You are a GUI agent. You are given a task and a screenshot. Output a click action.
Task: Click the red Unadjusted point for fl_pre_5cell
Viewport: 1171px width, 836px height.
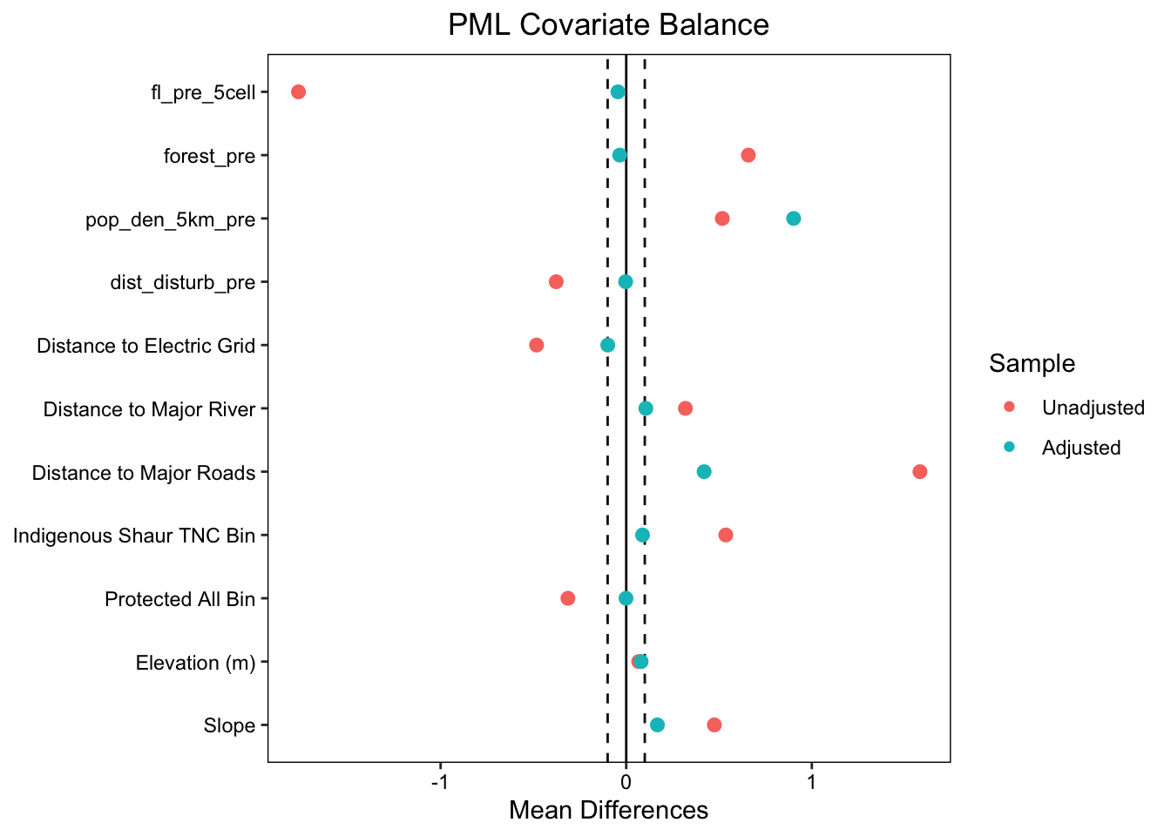pyautogui.click(x=298, y=92)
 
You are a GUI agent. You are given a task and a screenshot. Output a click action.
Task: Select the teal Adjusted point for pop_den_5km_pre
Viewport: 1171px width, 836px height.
pyautogui.click(x=793, y=219)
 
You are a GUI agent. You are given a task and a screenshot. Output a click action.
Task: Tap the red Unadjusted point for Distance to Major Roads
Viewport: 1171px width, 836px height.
pyautogui.click(x=919, y=472)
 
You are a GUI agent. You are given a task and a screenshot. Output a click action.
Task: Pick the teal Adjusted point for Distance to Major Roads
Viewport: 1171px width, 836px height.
pyautogui.click(x=704, y=472)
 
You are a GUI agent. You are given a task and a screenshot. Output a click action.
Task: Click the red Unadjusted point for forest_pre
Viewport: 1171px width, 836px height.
pyautogui.click(x=748, y=155)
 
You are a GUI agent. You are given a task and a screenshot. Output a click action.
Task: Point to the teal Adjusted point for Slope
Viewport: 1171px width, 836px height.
pyautogui.click(x=657, y=725)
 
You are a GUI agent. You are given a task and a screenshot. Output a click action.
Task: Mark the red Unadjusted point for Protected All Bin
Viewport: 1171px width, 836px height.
pyautogui.click(x=568, y=598)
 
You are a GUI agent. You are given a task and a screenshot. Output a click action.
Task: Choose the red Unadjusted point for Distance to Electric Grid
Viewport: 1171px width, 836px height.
pyautogui.click(x=537, y=346)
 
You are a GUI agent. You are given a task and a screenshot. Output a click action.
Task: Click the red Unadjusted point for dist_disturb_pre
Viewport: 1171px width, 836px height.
pyautogui.click(x=556, y=282)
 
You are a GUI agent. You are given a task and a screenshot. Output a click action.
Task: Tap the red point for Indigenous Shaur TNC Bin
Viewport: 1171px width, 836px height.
pyautogui.click(x=726, y=535)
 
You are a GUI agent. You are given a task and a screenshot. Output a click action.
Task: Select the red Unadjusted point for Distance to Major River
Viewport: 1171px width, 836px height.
pyautogui.click(x=686, y=408)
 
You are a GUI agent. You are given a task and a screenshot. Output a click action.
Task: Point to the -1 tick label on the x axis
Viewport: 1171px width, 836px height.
pyautogui.click(x=440, y=781)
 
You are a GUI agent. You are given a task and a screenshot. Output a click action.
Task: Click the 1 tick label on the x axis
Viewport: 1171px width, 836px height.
pyautogui.click(x=812, y=781)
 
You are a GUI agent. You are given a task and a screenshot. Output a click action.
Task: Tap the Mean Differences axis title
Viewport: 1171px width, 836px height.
pyautogui.click(x=608, y=811)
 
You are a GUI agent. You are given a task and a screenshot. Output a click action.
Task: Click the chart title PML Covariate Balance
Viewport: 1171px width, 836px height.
pyautogui.click(x=608, y=24)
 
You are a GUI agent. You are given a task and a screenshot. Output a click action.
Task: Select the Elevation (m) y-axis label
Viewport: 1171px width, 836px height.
pyautogui.click(x=195, y=663)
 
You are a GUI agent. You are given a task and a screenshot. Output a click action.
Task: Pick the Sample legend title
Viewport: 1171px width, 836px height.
pyautogui.click(x=1032, y=363)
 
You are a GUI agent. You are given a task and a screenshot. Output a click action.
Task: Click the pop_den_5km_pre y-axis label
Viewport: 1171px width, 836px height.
pyautogui.click(x=170, y=219)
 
